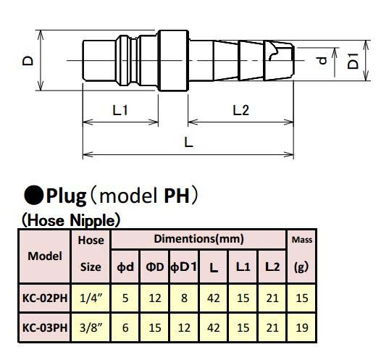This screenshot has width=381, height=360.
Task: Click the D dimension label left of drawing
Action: [x=28, y=60]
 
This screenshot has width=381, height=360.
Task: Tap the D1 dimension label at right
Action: [x=353, y=61]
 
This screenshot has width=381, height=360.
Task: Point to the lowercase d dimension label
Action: [x=322, y=60]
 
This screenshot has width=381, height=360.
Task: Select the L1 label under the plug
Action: [x=120, y=110]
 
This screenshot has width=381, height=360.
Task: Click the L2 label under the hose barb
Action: [x=240, y=110]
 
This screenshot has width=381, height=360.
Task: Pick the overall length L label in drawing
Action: [x=188, y=142]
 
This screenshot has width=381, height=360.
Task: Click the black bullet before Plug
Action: [x=34, y=195]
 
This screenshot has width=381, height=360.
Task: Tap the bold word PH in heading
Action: [x=177, y=196]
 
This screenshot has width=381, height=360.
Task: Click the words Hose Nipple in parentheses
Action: [x=71, y=221]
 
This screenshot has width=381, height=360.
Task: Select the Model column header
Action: [x=45, y=256]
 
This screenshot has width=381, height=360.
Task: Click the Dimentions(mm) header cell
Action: [x=198, y=239]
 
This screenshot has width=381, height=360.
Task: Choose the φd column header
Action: [x=125, y=267]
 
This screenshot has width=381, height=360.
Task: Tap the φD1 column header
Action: [x=183, y=267]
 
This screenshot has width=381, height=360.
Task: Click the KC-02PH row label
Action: [x=45, y=298]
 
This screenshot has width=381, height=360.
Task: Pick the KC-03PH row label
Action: [x=45, y=328]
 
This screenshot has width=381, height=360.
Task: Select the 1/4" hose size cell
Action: [x=91, y=298]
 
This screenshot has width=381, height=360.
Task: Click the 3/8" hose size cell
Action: [x=91, y=328]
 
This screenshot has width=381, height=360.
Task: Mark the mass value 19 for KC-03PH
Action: [x=302, y=328]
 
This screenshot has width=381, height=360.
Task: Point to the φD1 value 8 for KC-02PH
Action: [x=184, y=298]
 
